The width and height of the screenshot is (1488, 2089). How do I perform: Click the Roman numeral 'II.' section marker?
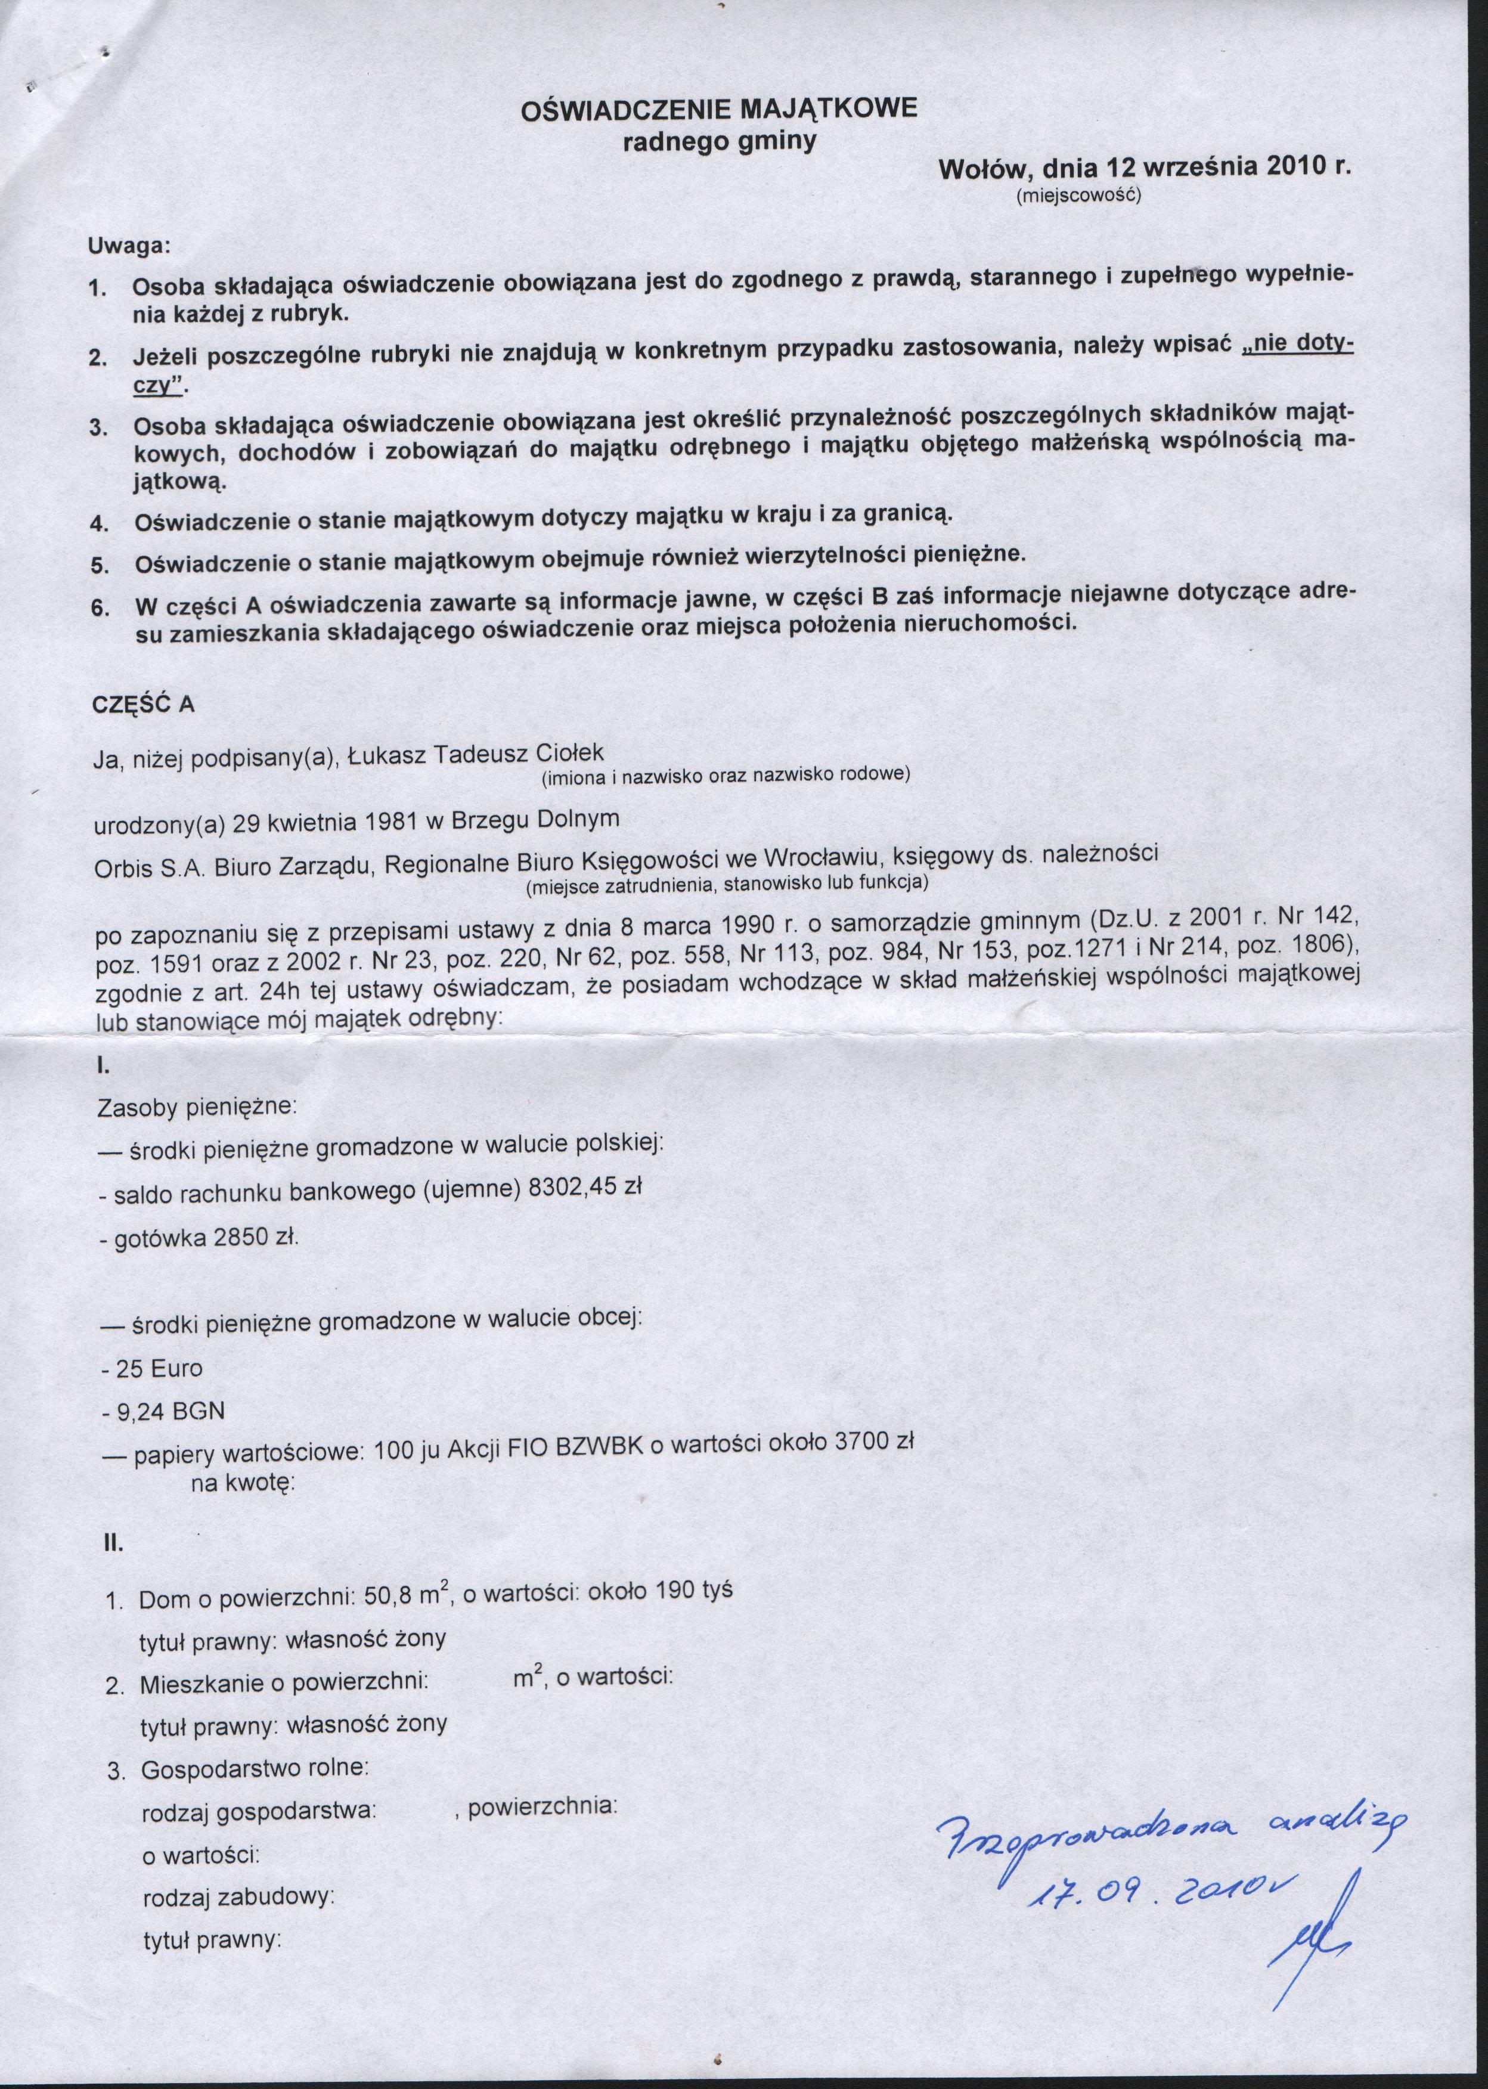(x=112, y=1545)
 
